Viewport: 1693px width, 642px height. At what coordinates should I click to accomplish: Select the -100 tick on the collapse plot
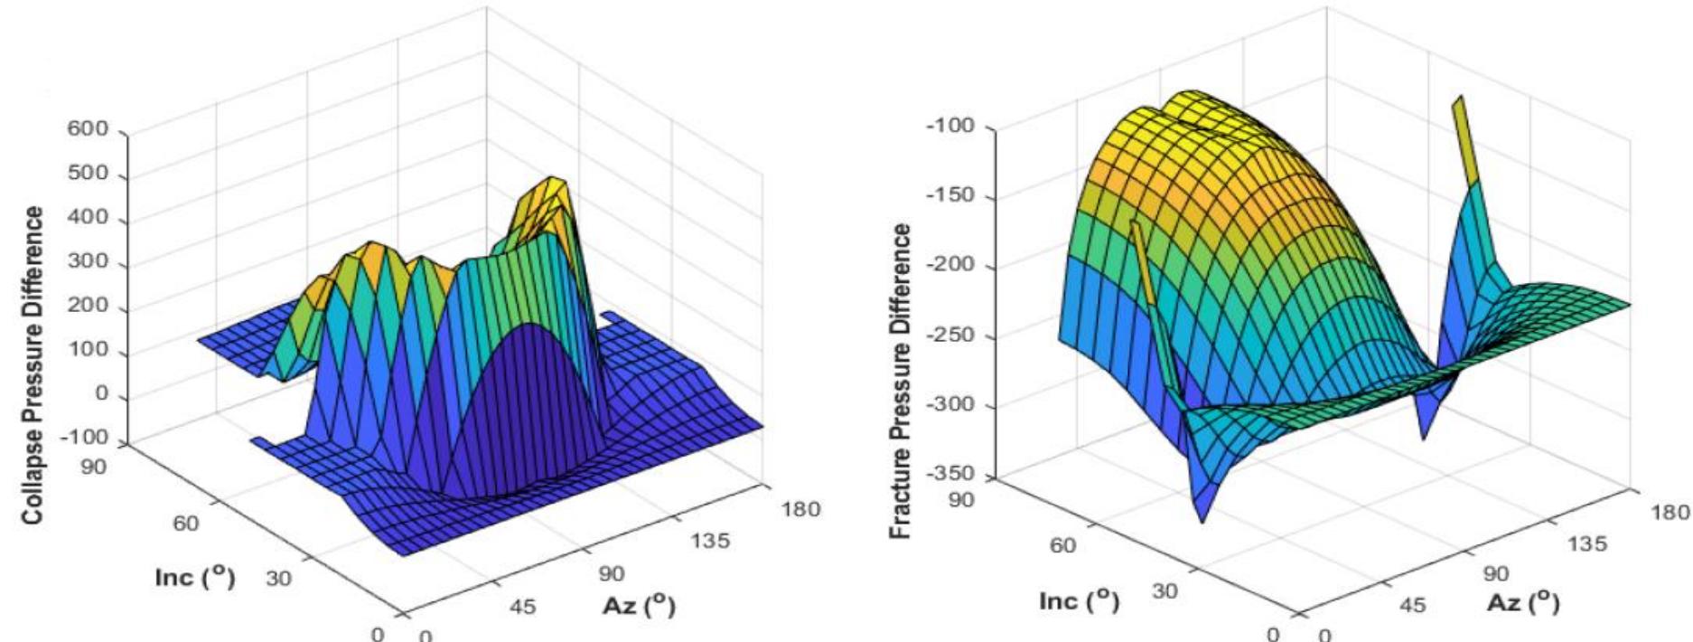89,438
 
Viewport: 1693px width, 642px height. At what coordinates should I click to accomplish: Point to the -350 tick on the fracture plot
954,474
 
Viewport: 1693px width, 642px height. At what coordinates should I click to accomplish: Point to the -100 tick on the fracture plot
954,127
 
